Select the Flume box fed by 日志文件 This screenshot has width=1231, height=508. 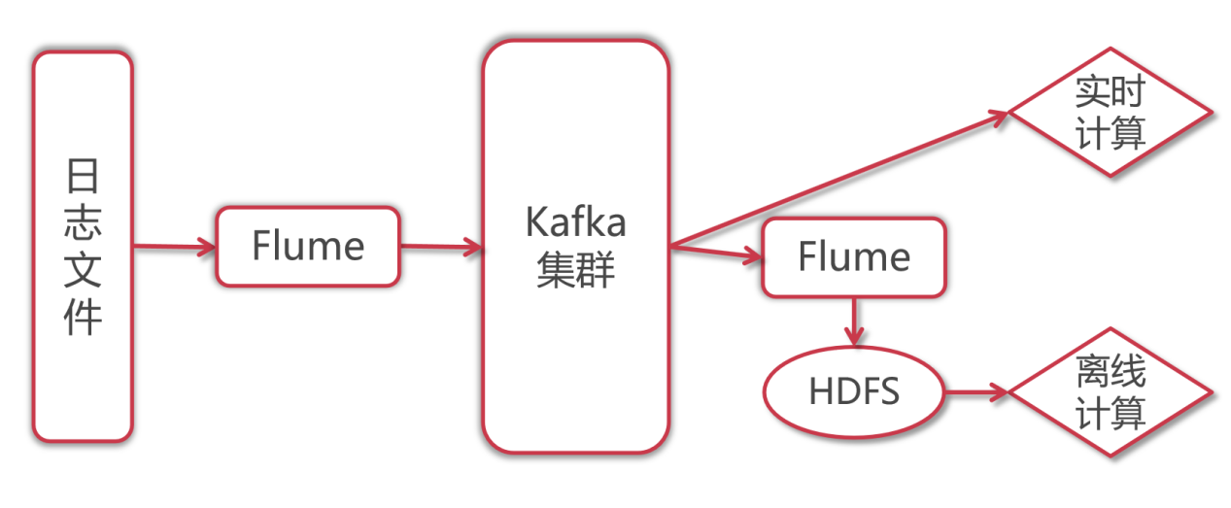click(307, 247)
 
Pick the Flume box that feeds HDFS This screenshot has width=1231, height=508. click(853, 257)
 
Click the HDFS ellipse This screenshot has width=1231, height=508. click(854, 391)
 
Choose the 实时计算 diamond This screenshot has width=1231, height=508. click(1111, 113)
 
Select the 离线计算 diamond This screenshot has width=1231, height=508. click(1111, 392)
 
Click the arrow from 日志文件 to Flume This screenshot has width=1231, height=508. click(173, 247)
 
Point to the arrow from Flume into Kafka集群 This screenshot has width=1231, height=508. click(442, 247)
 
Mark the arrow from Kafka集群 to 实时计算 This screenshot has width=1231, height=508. click(836, 179)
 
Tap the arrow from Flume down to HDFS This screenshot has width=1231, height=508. click(854, 321)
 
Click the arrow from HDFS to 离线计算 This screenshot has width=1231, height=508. click(976, 392)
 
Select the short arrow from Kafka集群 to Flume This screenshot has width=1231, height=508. click(716, 253)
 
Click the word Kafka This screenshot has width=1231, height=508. click(575, 222)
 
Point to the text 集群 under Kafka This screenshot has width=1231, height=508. click(575, 271)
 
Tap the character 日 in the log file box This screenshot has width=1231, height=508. click(83, 179)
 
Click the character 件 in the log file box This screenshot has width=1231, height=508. click(83, 318)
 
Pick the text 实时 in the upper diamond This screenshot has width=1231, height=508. click(1111, 93)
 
